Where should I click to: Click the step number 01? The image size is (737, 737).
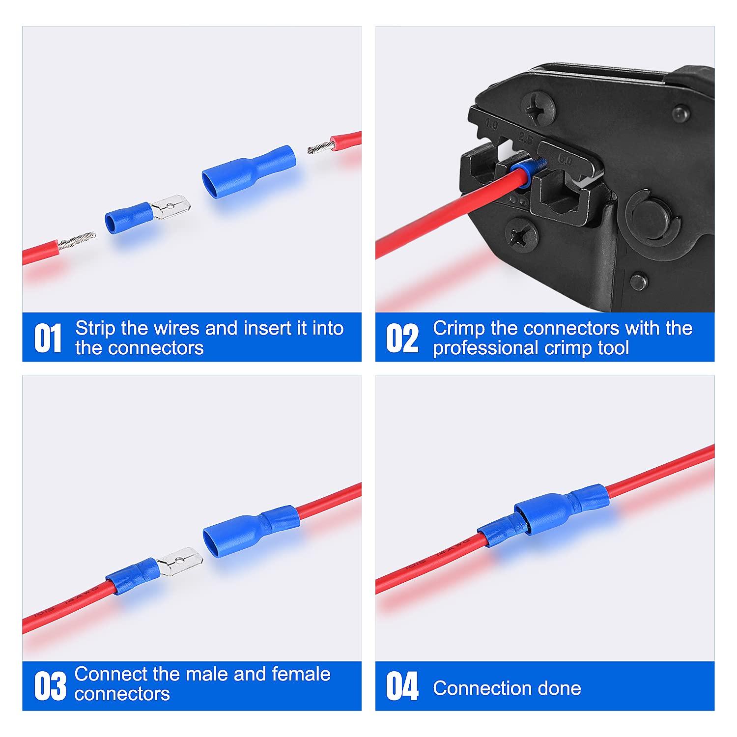click(48, 338)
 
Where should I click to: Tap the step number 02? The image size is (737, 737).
click(402, 338)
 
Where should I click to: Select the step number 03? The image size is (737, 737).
click(50, 686)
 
